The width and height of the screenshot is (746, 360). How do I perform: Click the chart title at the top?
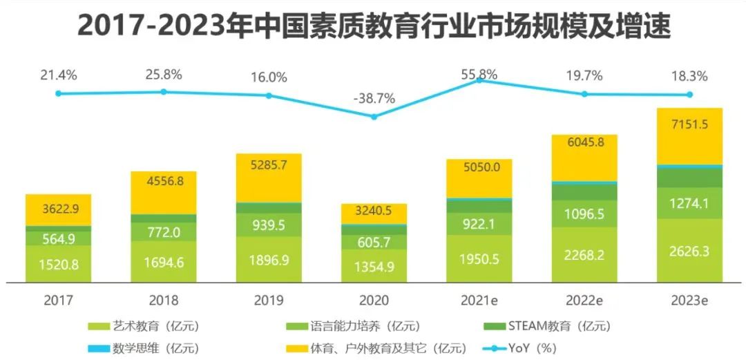pyautogui.click(x=374, y=26)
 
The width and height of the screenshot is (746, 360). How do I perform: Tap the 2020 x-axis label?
pyautogui.click(x=374, y=301)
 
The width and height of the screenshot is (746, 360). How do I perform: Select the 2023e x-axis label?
pyautogui.click(x=689, y=301)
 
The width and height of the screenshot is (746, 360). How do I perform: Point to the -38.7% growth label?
pyautogui.click(x=374, y=98)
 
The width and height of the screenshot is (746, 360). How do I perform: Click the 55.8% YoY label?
pyautogui.click(x=479, y=74)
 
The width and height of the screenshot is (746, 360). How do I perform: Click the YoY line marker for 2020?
pyautogui.click(x=374, y=117)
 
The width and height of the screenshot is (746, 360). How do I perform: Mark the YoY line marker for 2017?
pyautogui.click(x=59, y=93)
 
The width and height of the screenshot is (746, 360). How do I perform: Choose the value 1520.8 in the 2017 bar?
pyautogui.click(x=58, y=265)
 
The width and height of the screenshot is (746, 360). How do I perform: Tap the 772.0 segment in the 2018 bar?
pyautogui.click(x=164, y=233)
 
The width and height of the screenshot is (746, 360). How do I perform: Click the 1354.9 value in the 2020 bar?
pyautogui.click(x=374, y=267)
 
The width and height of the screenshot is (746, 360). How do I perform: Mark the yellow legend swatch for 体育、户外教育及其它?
pyautogui.click(x=300, y=348)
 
